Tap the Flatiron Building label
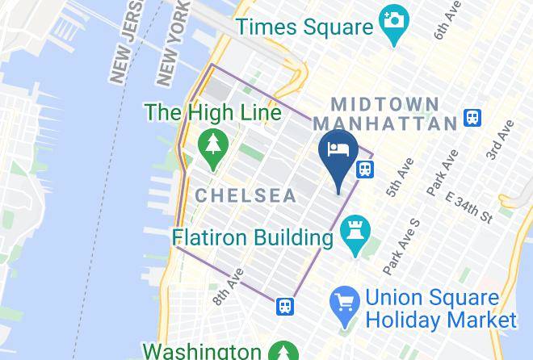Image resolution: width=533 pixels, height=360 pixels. pos(251,239)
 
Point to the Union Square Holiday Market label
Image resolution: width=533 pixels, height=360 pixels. pos(441,309)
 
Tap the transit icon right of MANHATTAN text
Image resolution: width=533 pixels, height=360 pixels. pos(474,119)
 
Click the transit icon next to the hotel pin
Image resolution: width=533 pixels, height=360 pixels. pos(365,170)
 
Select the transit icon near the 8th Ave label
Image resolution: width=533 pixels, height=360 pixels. pos(284,306)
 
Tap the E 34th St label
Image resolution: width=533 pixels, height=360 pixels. pos(468,207)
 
